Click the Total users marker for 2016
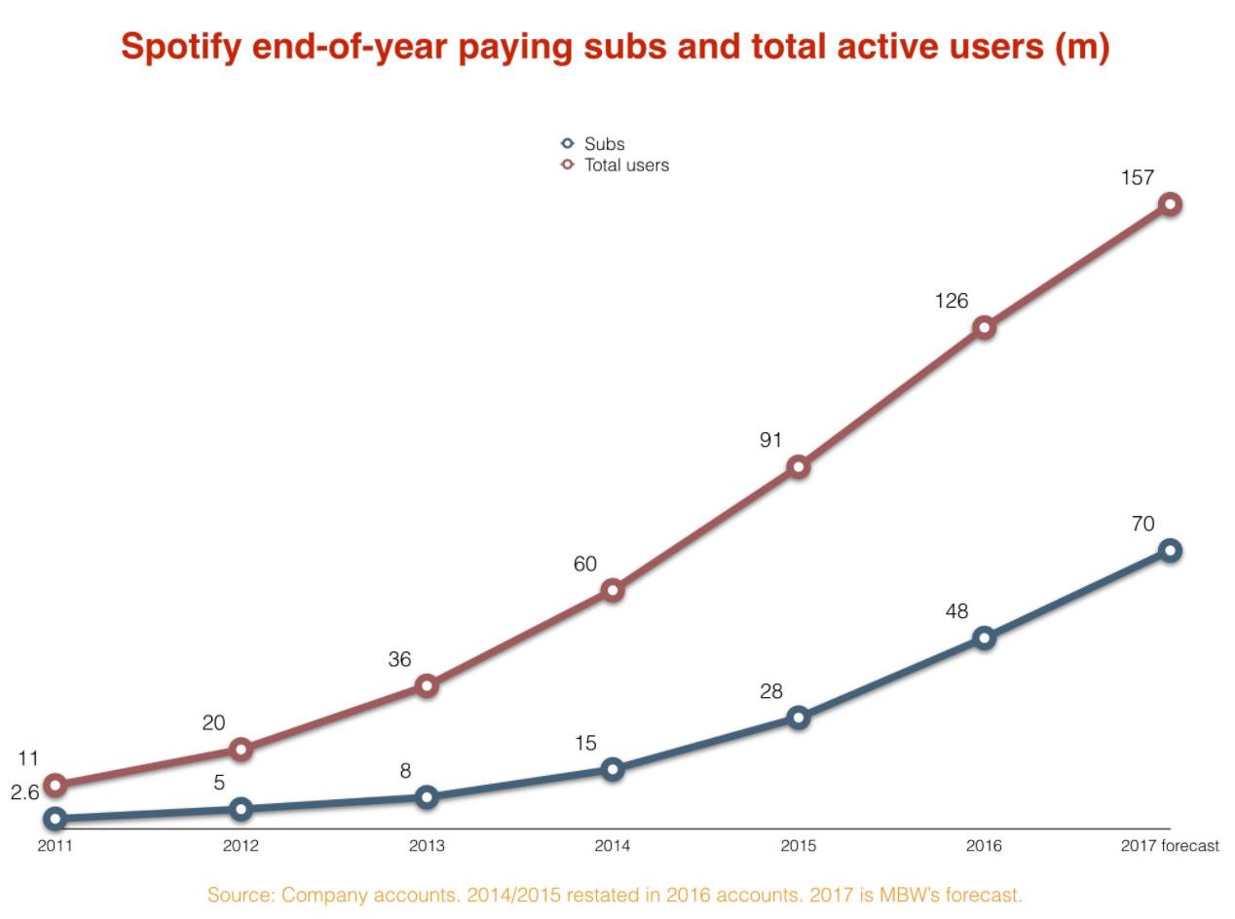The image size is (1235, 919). point(984,327)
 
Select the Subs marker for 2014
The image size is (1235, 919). point(612,769)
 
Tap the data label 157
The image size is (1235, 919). point(1138,178)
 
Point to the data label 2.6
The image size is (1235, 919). point(24,792)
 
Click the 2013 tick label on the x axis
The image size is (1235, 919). point(427,846)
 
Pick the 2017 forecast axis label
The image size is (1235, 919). point(1169,846)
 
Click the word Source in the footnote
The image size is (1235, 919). point(239,895)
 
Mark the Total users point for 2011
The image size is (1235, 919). point(56,785)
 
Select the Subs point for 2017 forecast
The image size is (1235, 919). point(1170,551)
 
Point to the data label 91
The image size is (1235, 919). point(770,440)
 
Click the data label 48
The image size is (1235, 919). point(956,611)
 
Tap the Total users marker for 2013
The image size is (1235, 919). point(426,686)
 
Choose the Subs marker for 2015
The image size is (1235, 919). point(798,717)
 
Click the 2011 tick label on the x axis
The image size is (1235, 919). point(55,846)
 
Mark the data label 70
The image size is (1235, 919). point(1142,524)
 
